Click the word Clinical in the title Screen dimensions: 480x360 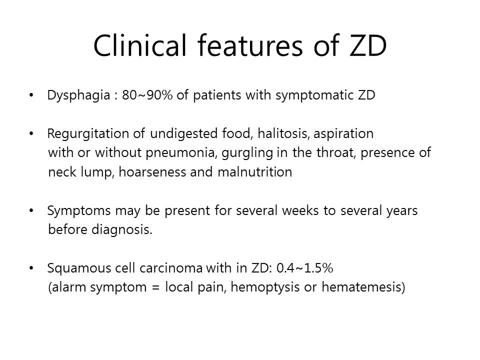pyautogui.click(x=140, y=45)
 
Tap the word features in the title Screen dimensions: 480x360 pyautogui.click(x=250, y=45)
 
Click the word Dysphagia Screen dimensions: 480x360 pyautogui.click(x=78, y=95)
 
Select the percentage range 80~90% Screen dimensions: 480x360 pyautogui.click(x=147, y=95)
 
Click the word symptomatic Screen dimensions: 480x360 pyautogui.click(x=314, y=95)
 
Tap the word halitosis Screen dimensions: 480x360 pyautogui.click(x=283, y=133)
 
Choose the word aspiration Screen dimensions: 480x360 pyautogui.click(x=344, y=134)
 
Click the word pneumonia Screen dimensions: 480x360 pyautogui.click(x=181, y=153)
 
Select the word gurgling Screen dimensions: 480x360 pyautogui.click(x=247, y=153)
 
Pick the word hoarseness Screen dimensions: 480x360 pyautogui.click(x=152, y=171)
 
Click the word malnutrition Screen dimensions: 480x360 pyautogui.click(x=254, y=171)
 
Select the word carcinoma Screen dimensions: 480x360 pyautogui.click(x=171, y=268)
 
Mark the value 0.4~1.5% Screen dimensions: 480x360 pyautogui.click(x=304, y=268)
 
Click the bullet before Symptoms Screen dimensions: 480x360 pyautogui.click(x=31, y=210)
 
